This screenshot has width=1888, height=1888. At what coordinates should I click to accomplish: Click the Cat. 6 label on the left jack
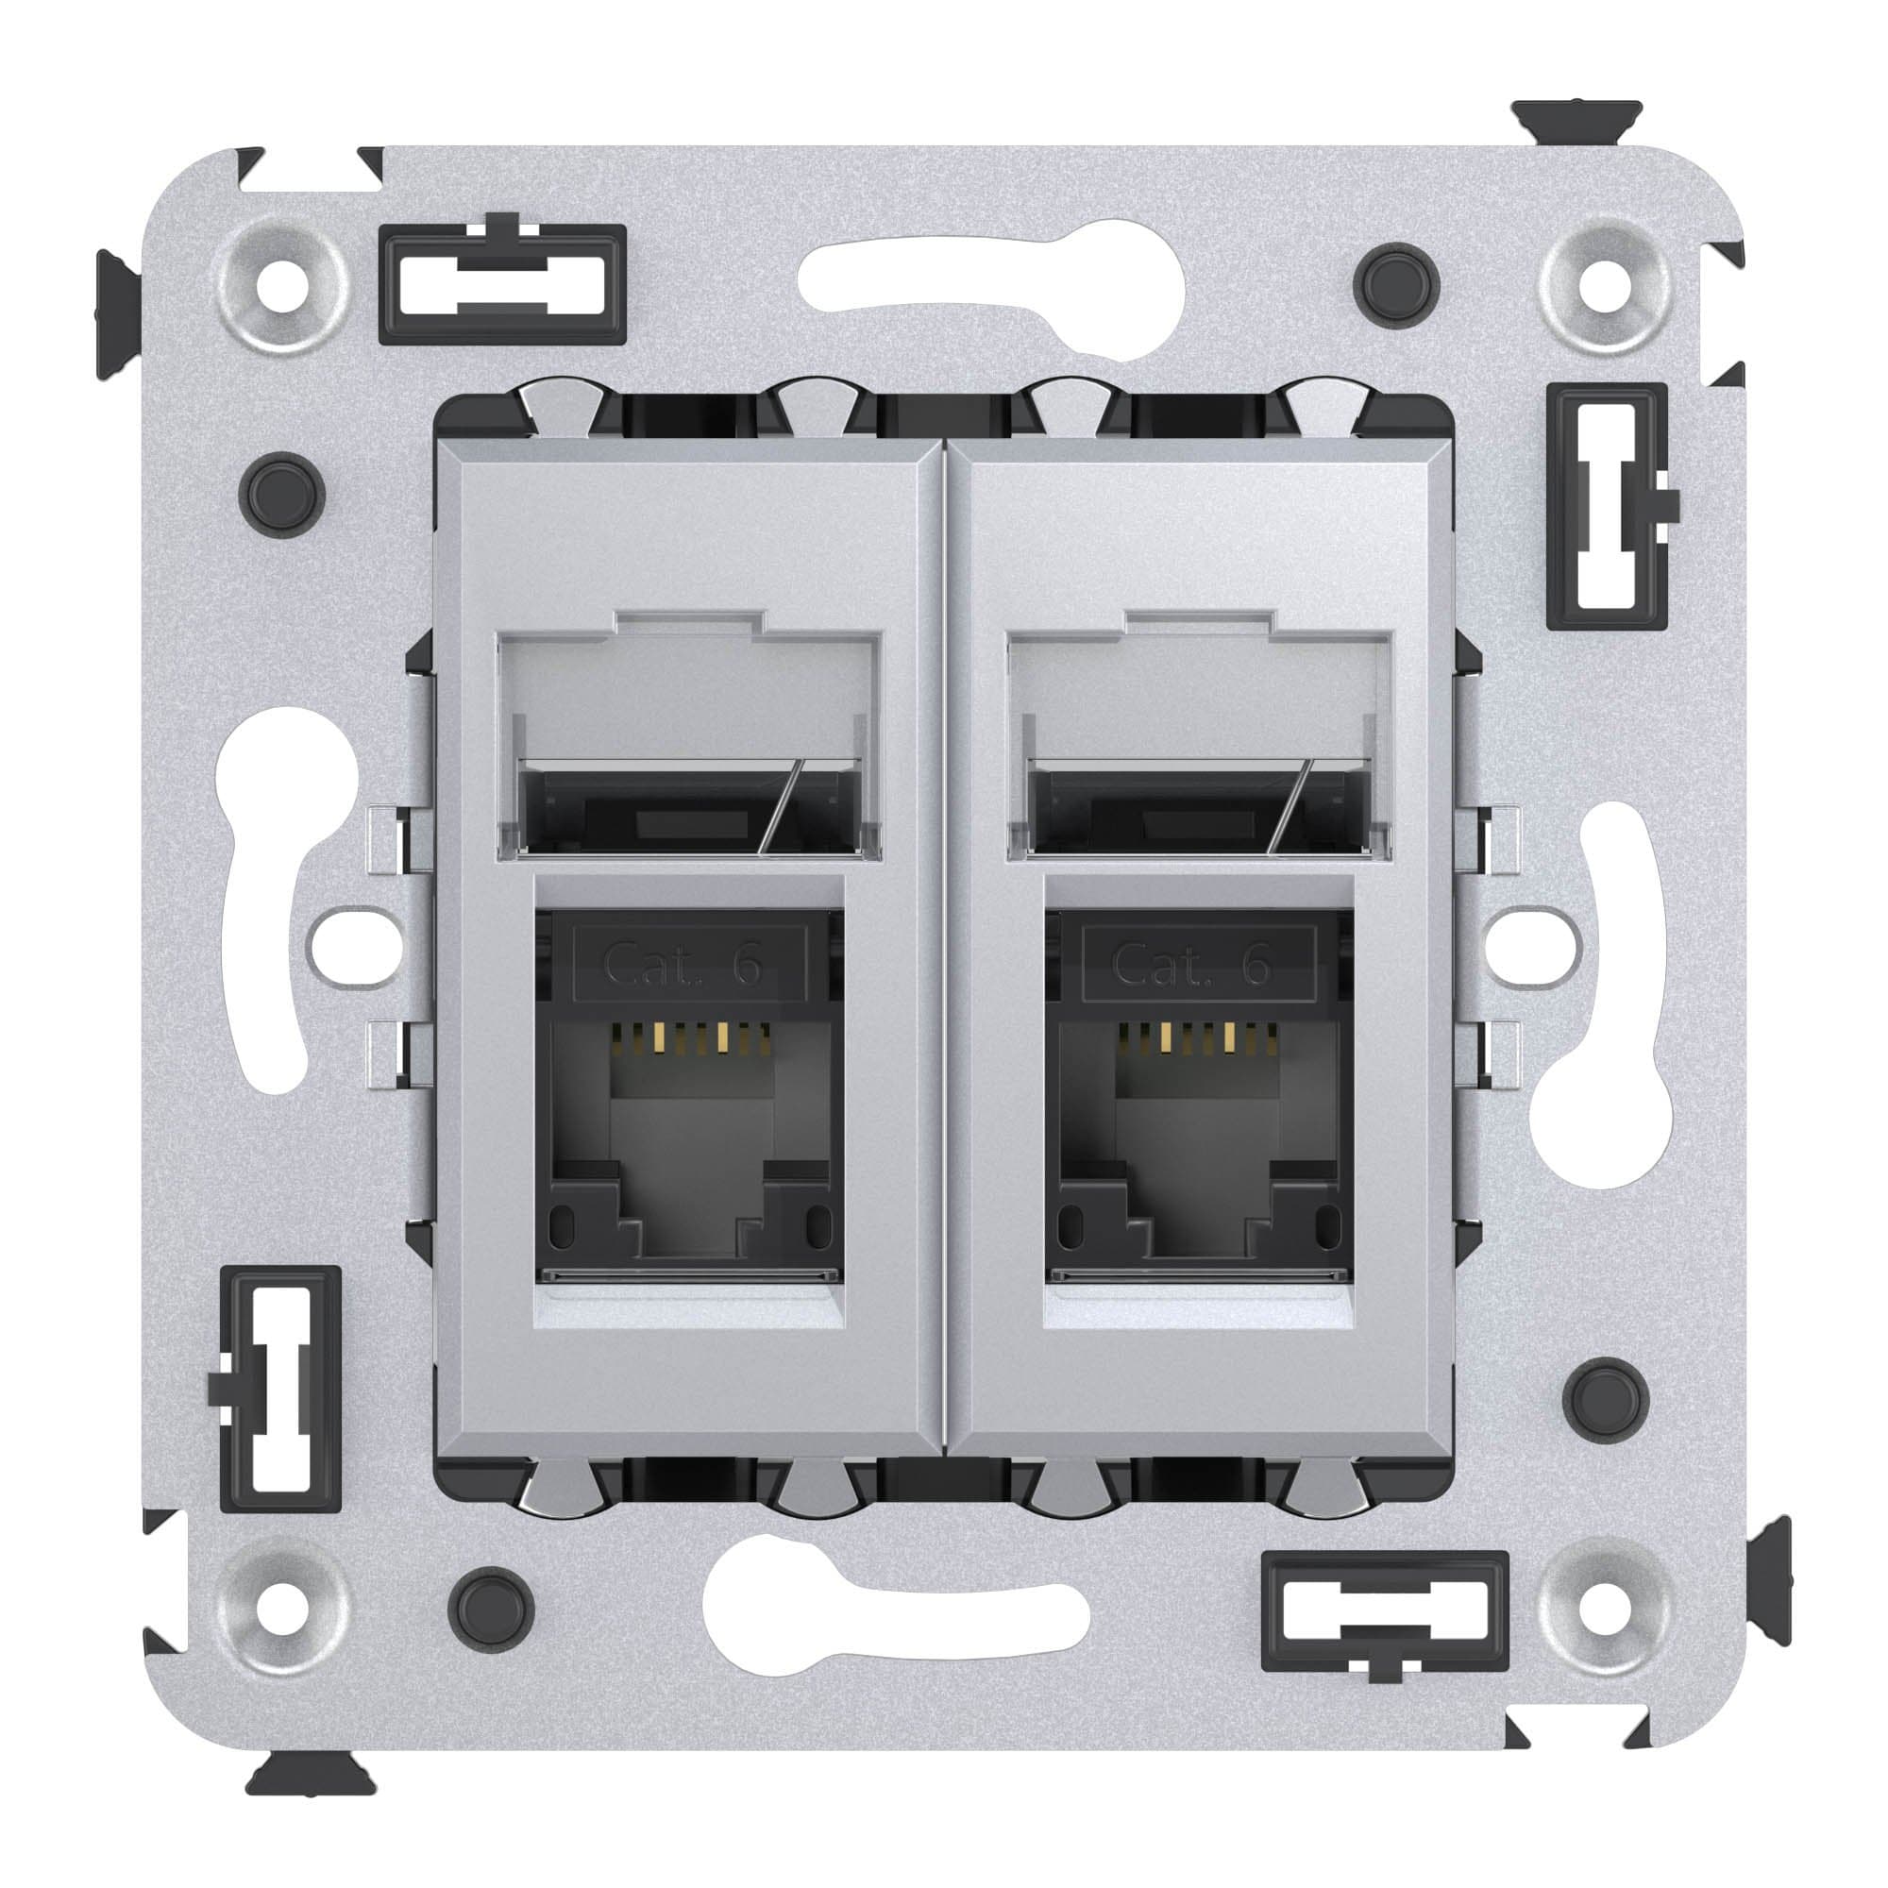pyautogui.click(x=689, y=966)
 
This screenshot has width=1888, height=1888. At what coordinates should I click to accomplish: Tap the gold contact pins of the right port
pyautogui.click(x=1196, y=1037)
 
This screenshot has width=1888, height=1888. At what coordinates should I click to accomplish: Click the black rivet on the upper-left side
pyautogui.click(x=281, y=493)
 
